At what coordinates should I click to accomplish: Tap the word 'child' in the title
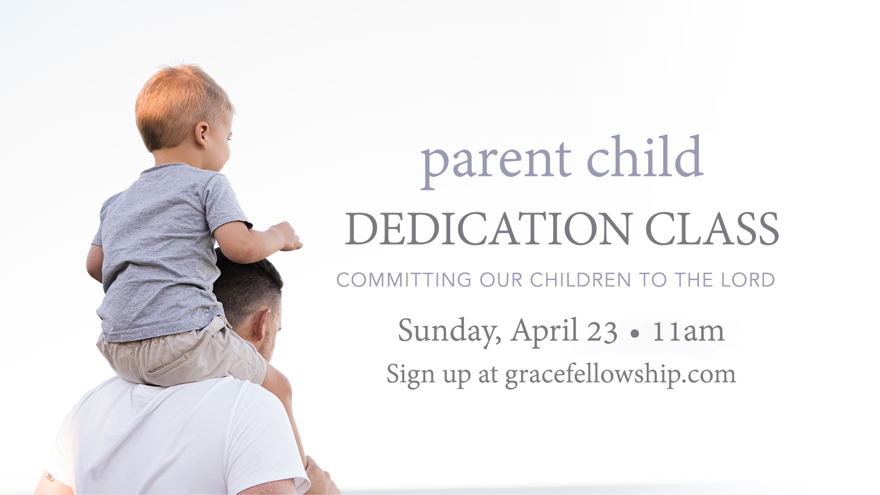(645, 156)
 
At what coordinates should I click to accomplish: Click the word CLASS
(712, 229)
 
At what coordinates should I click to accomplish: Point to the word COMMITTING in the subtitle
(404, 280)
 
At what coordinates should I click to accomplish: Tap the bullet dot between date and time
(635, 334)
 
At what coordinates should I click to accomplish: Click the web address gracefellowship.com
(621, 375)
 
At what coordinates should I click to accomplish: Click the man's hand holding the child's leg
(321, 477)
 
